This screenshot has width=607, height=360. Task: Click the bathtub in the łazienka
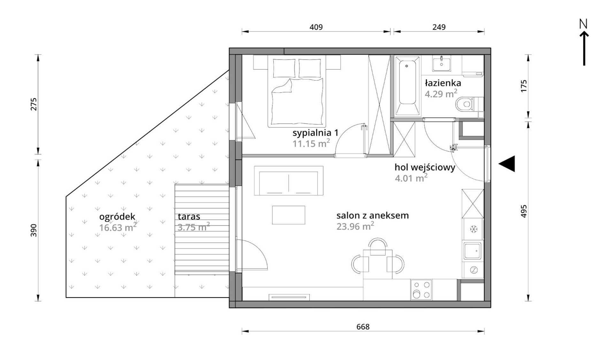pos(407,86)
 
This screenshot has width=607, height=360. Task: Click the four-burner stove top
pos(421,289)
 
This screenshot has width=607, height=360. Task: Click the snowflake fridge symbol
pos(473,229)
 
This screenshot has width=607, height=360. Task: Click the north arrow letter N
pos(583,24)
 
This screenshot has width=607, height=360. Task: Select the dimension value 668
pos(363,327)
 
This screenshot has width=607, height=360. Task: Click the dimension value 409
pos(316,27)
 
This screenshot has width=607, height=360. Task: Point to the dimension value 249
pos(439,27)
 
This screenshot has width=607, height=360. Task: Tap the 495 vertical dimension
pos(523,211)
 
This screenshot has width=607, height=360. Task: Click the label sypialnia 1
pos(315,133)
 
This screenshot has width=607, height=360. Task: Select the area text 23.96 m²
pos(355,226)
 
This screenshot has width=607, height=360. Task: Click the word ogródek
pos(117,217)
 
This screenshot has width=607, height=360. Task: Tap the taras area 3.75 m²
pos(194,227)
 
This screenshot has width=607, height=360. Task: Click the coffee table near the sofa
pos(288,215)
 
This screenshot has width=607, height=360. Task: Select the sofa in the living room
pos(288,180)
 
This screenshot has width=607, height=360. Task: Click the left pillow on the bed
pos(284,68)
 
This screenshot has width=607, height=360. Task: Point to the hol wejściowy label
pos(425,167)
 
